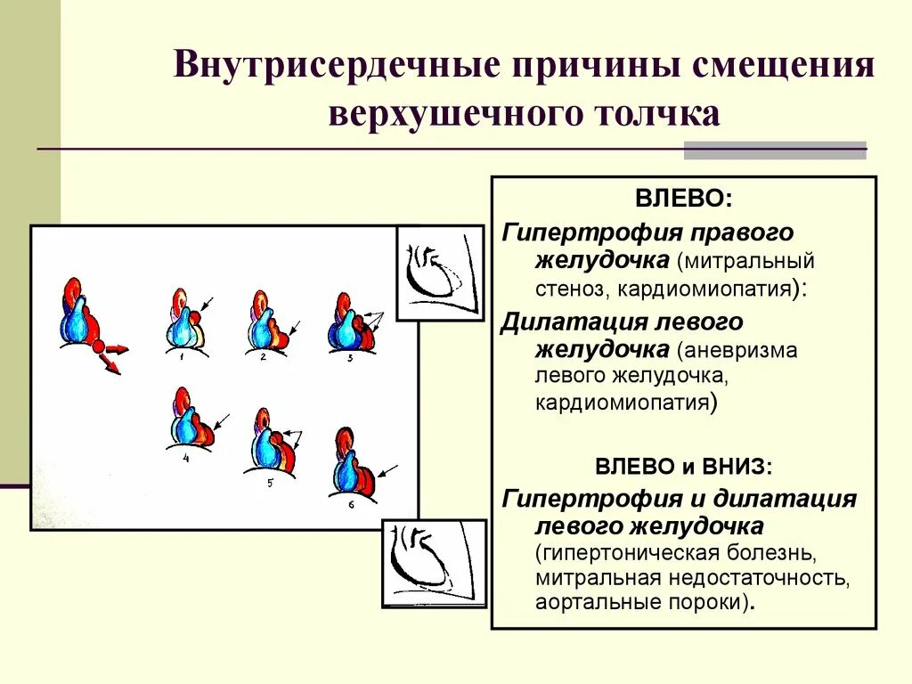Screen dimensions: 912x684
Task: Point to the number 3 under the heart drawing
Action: click(x=350, y=358)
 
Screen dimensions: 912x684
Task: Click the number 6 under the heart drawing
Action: click(x=351, y=504)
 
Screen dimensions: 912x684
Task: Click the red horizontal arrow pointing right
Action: click(x=117, y=348)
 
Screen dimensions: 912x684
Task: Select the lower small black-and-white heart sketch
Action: click(x=434, y=564)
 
